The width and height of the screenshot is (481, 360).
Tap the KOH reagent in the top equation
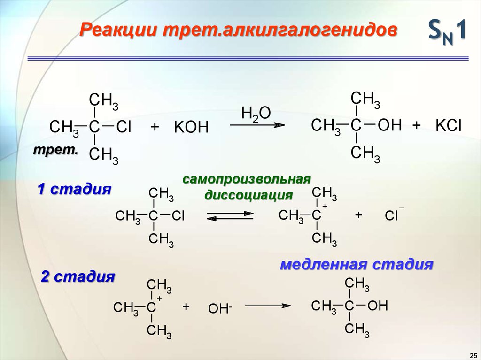(191, 127)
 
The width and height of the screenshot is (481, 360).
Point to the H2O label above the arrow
(256, 115)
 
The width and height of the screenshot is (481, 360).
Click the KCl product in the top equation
(449, 125)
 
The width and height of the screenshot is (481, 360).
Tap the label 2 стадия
(78, 276)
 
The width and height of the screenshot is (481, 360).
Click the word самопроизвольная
(247, 180)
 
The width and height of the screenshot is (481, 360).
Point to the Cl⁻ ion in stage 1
(392, 215)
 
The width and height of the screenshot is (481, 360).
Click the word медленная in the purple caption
(323, 264)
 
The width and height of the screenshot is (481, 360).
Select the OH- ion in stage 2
(220, 308)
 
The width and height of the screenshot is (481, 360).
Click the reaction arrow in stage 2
(266, 306)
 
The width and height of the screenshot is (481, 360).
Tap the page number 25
(473, 354)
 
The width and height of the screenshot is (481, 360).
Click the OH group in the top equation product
(390, 125)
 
